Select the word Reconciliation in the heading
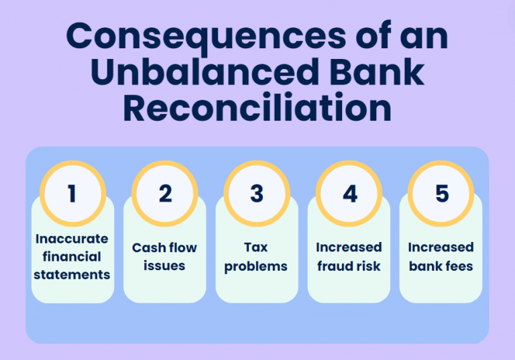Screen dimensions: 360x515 coord(257,107)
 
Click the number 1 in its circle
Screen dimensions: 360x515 coord(72,194)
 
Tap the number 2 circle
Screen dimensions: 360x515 coord(165,194)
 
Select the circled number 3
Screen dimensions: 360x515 coord(257,194)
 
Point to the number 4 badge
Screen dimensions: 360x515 coord(349,194)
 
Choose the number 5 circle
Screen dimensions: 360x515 coord(441,194)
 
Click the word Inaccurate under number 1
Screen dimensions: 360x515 coord(72,239)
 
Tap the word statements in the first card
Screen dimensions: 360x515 coord(72,274)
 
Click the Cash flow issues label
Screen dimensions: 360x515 coord(164,257)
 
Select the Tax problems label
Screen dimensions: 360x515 coord(256,257)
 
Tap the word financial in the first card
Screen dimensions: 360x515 coord(72,257)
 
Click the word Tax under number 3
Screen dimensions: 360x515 coord(257,248)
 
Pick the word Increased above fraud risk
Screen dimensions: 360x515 coord(349,248)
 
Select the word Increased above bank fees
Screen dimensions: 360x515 coord(441,248)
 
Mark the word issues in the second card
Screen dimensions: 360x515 coord(164,266)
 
